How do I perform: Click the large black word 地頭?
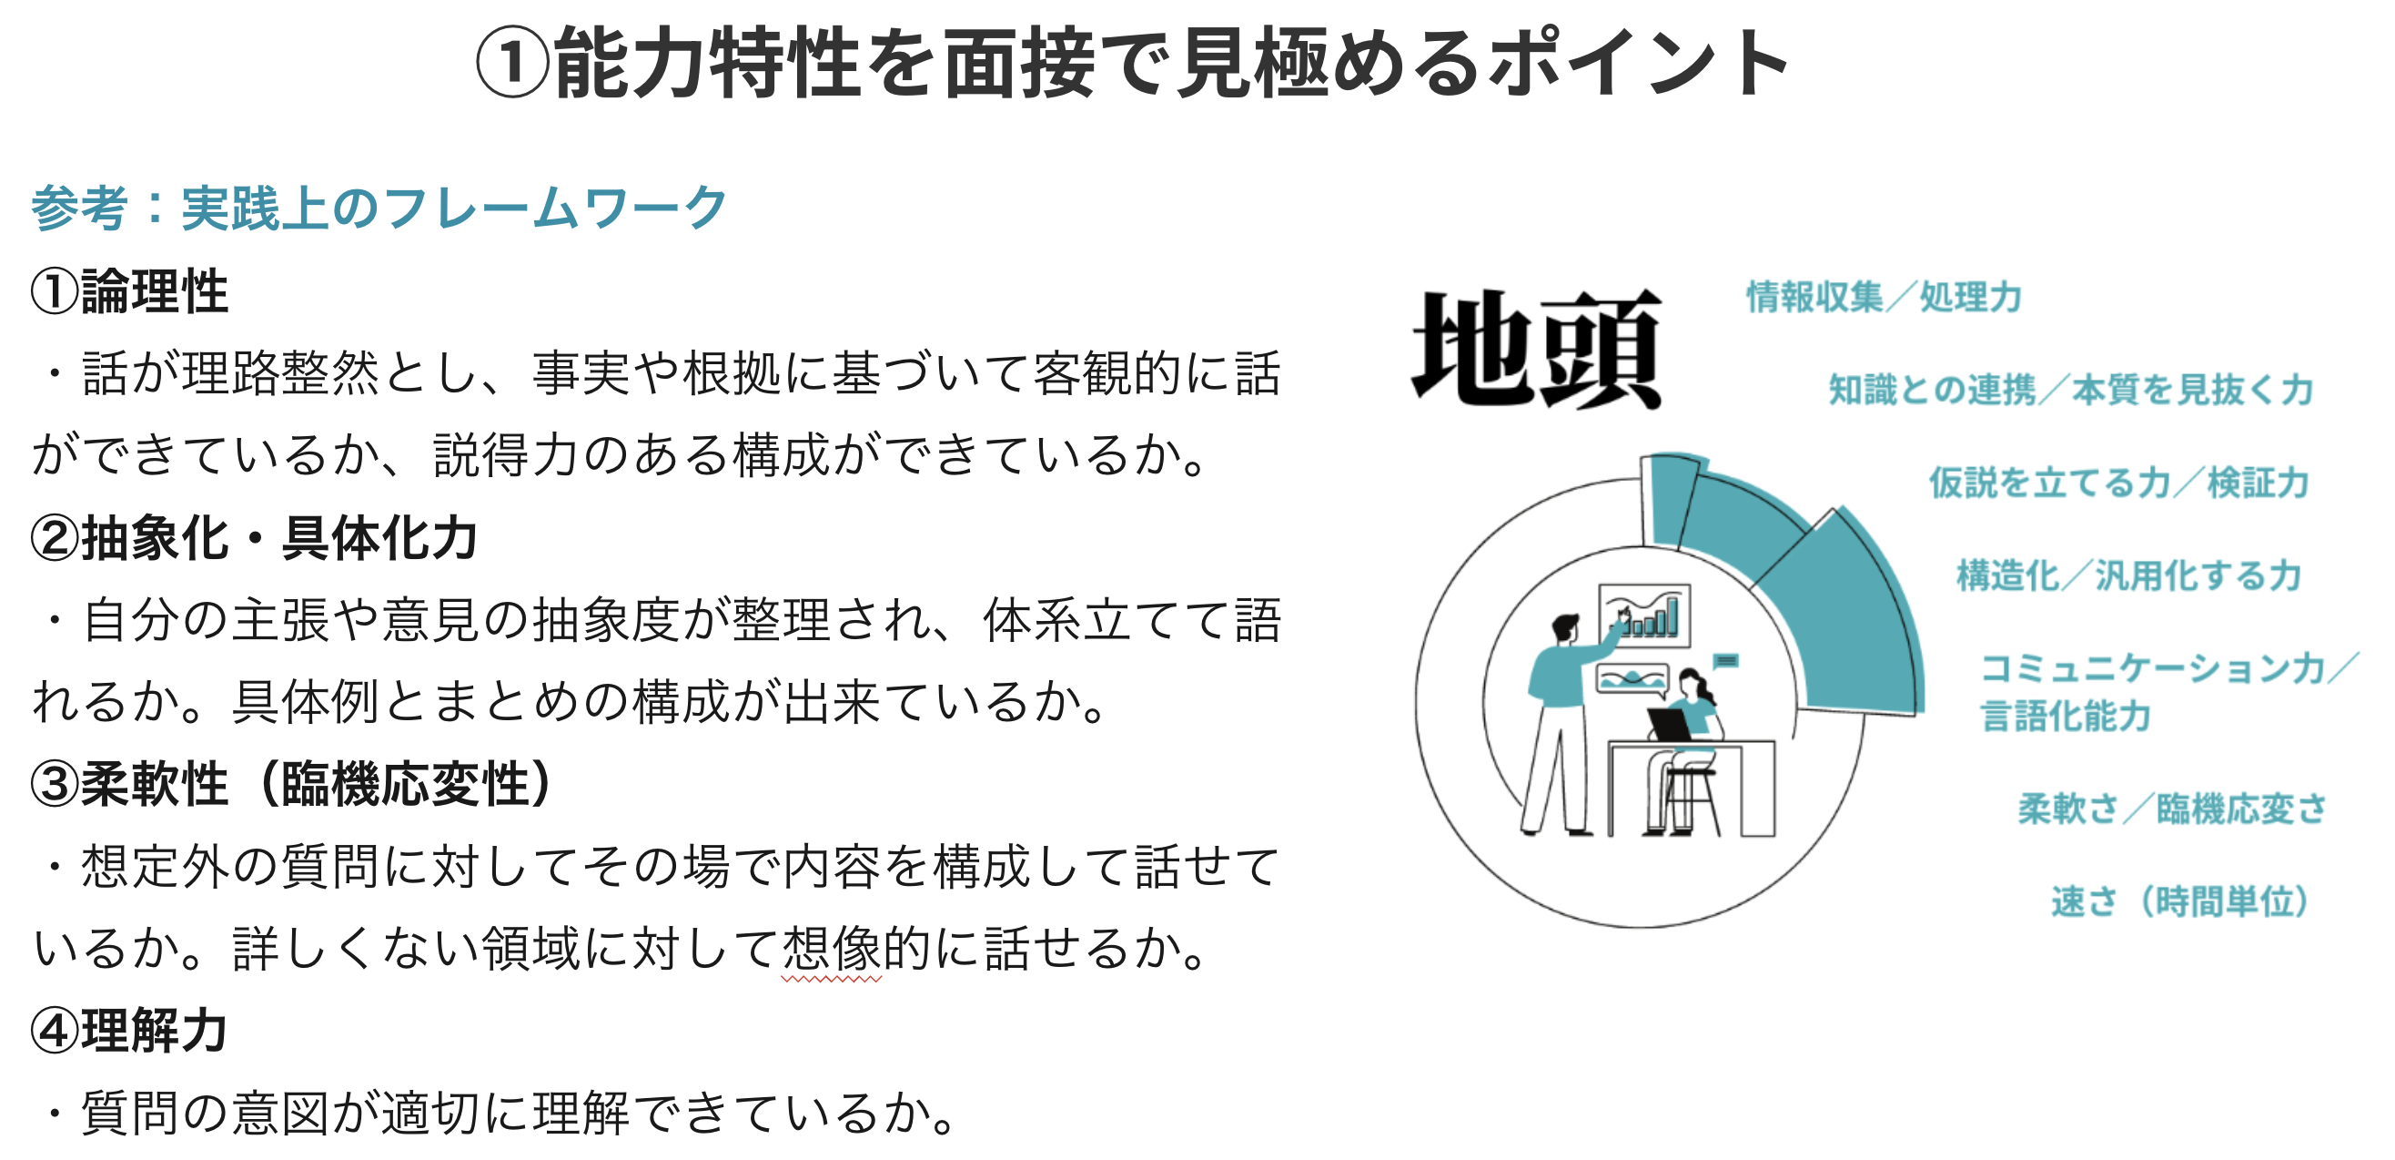1536,349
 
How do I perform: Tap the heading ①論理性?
129,292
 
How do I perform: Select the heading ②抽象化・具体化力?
254,539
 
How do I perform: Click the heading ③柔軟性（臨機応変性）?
293,784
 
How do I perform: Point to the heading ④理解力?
129,1031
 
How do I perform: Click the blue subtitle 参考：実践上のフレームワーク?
379,208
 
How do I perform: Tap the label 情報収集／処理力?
1884,297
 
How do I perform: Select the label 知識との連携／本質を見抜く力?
2070,390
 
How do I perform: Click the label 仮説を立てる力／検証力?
2119,483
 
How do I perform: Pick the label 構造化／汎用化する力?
2129,575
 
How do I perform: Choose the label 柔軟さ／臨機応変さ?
2172,809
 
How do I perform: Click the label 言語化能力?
2066,716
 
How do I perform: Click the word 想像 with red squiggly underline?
831,949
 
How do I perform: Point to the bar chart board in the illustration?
1643,615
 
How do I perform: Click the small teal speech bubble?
1725,660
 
